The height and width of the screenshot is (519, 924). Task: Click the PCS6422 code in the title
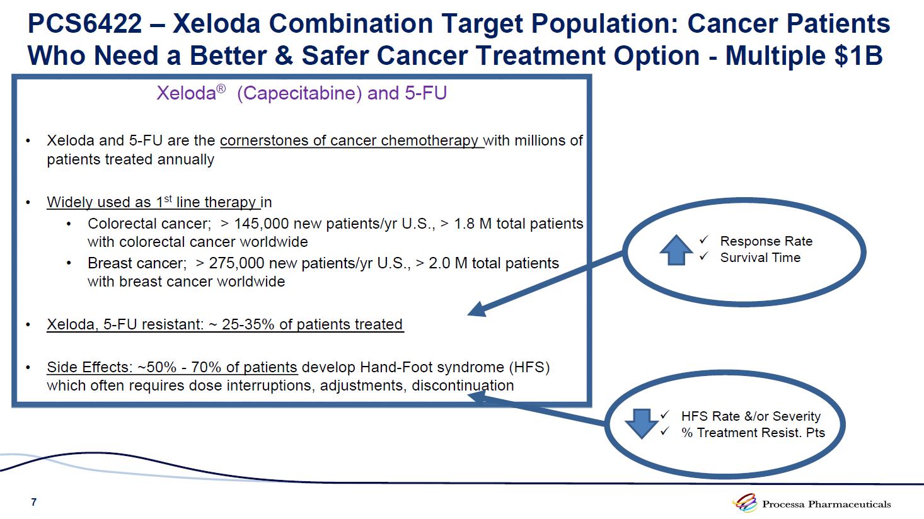(85, 23)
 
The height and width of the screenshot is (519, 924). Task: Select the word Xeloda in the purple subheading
(186, 93)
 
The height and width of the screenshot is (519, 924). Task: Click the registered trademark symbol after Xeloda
(221, 88)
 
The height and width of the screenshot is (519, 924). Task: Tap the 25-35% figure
(248, 324)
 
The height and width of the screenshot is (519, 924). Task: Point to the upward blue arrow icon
(676, 250)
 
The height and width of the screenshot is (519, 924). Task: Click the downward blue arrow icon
(642, 424)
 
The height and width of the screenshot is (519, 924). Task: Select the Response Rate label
(766, 241)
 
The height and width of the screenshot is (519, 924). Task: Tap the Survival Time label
(760, 258)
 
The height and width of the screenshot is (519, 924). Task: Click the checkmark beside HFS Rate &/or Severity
(664, 415)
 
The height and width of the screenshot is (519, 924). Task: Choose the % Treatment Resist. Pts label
(753, 433)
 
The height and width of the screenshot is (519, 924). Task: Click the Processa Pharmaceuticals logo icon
(745, 503)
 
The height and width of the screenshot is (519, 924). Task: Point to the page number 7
(34, 502)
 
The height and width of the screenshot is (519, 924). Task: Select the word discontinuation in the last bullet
(463, 386)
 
